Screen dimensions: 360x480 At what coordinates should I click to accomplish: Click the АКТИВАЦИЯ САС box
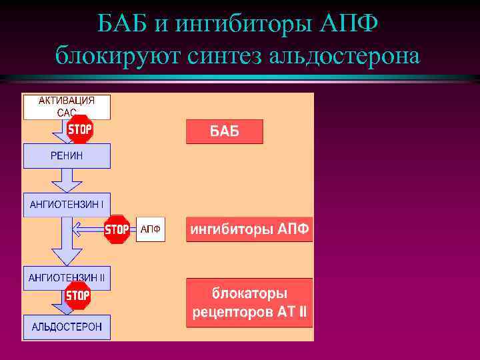[x=67, y=107]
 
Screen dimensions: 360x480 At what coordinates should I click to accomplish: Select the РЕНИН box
[x=67, y=156]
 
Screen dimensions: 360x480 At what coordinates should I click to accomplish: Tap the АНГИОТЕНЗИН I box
[x=67, y=205]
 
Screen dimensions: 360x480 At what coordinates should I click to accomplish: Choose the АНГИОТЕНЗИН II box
[x=67, y=278]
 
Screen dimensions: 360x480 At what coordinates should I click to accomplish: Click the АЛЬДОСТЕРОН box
[x=67, y=327]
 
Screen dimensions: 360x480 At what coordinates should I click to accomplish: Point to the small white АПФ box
[x=150, y=230]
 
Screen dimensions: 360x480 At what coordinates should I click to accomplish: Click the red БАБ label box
[x=225, y=131]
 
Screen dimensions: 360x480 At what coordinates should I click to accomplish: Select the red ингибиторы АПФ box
[x=250, y=229]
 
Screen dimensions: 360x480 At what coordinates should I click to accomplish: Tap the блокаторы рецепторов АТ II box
[x=250, y=302]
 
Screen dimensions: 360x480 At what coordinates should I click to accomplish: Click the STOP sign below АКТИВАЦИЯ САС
[x=79, y=129]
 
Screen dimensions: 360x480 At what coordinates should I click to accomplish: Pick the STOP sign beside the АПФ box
[x=117, y=230]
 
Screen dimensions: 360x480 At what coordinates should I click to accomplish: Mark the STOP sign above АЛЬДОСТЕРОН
[x=78, y=295]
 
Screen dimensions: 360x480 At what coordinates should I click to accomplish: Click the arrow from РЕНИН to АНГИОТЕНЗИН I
[x=67, y=180]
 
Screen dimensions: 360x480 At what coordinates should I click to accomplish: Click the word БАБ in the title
[x=123, y=25]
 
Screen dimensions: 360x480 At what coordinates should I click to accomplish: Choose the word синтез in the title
[x=223, y=55]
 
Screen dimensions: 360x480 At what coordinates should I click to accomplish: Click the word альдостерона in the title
[x=345, y=55]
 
